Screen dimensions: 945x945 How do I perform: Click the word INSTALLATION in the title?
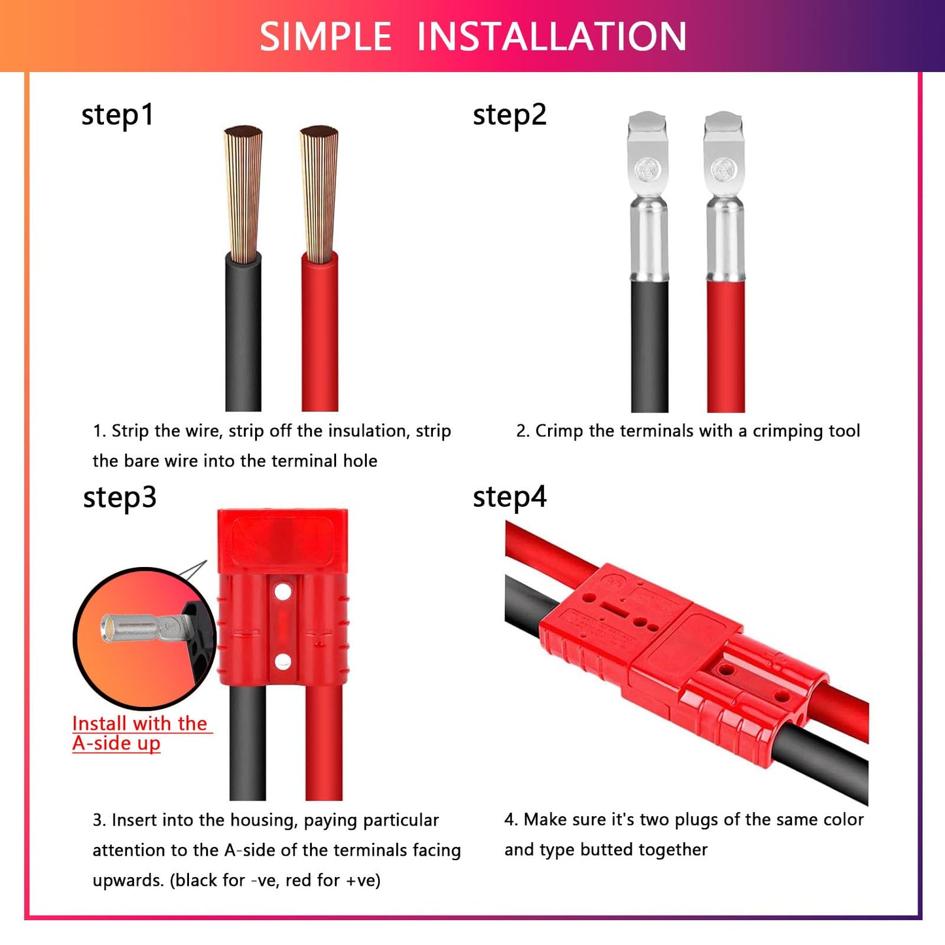551,37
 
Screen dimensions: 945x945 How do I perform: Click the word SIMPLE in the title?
325,37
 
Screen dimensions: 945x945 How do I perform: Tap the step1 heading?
118,115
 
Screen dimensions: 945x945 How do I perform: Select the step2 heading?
509,115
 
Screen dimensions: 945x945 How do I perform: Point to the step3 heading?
120,498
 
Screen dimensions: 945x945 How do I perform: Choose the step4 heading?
509,498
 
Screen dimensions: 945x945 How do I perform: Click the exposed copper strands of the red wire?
319,193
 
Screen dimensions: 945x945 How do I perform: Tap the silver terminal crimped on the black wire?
648,196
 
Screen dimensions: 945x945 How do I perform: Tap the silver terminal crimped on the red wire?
724,196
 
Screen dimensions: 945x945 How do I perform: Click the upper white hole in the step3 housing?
283,593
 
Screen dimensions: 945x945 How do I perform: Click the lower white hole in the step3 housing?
283,661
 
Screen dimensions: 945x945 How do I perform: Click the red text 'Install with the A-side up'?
139,733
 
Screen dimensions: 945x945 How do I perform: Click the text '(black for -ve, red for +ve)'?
275,880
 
